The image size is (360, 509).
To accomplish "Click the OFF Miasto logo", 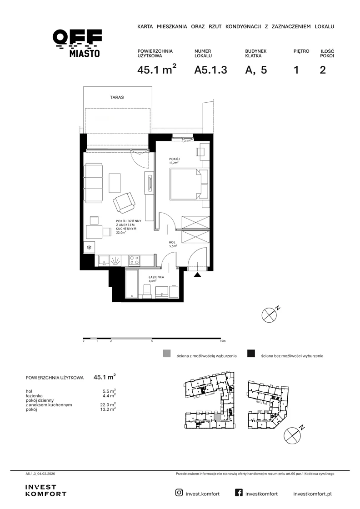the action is coord(77,43).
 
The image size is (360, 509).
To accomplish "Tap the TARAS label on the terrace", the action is coord(117,97).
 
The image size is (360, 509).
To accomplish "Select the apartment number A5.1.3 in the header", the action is coord(210,70).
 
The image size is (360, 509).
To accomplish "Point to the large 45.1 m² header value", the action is coord(157,69).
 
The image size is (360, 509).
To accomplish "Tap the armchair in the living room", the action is coord(124,203).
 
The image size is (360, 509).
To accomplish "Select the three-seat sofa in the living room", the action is coord(94,183).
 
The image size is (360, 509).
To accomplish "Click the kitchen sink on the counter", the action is coord(104,260).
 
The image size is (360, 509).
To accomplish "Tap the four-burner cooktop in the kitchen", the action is coord(135,260).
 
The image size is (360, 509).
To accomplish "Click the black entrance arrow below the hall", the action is coord(198,274).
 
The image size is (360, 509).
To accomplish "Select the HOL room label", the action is coord(172,243).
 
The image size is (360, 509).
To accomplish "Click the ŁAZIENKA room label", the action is coord(156,277).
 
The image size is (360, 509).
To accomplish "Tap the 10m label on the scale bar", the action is coord(223,341).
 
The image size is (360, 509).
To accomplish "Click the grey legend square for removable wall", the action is coord(166,354).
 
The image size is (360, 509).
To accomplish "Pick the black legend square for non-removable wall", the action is coord(251,354).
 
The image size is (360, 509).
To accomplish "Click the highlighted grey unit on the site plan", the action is coord(217,417).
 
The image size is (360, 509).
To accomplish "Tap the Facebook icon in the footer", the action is coord(239,493).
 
